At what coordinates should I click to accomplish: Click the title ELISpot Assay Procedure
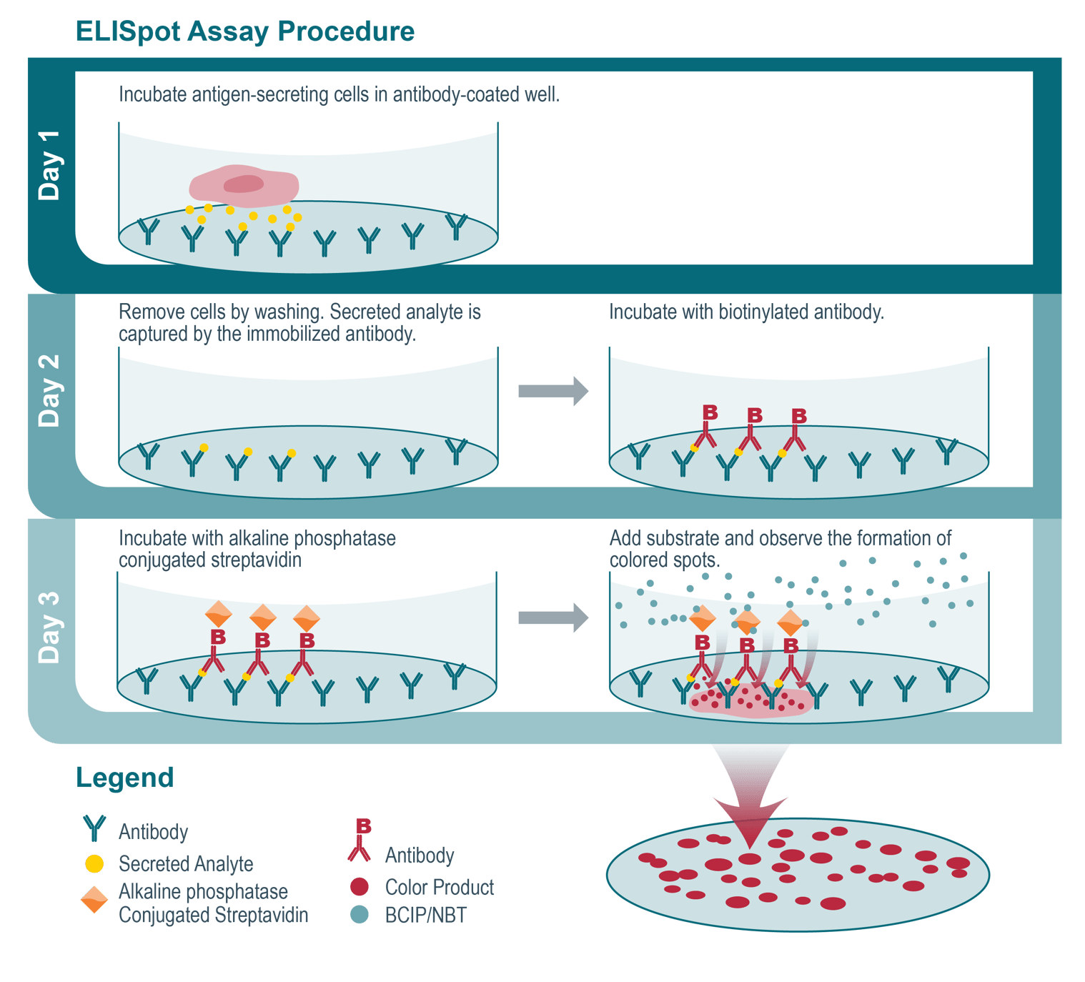coord(244,31)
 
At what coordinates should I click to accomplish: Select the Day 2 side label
coord(50,390)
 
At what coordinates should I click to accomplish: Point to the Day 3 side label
coord(50,628)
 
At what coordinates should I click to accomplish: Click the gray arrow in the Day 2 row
coord(553,391)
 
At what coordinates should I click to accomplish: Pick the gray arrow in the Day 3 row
coord(553,618)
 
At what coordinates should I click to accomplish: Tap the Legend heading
coord(124,778)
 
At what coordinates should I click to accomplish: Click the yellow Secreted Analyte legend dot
coord(94,864)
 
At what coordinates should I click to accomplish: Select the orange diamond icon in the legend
coord(94,899)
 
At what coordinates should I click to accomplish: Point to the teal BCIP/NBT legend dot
coord(360,915)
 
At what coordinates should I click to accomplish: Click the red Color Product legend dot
coord(360,887)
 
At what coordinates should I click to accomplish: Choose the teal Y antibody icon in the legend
coord(94,828)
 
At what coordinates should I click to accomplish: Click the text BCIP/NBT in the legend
coord(426,916)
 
